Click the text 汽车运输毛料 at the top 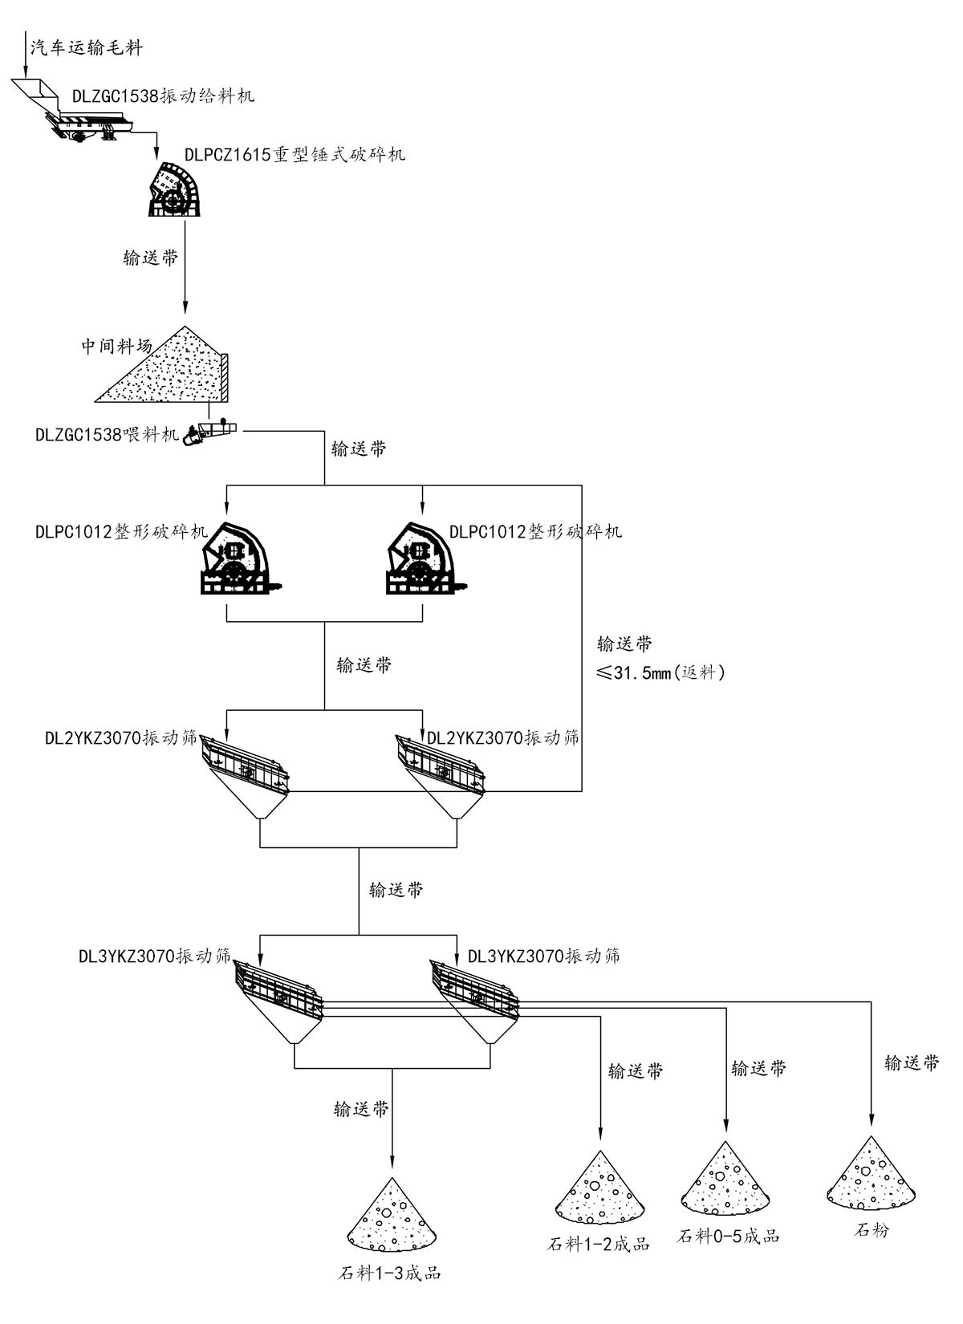(87, 47)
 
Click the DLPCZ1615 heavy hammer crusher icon (174, 190)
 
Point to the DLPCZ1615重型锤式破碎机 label (295, 154)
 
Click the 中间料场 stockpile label (116, 347)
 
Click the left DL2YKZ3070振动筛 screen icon (244, 763)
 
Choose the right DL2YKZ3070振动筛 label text (502, 737)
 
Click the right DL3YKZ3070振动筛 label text (543, 956)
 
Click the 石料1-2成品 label (598, 1245)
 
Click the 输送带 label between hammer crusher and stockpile (150, 258)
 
